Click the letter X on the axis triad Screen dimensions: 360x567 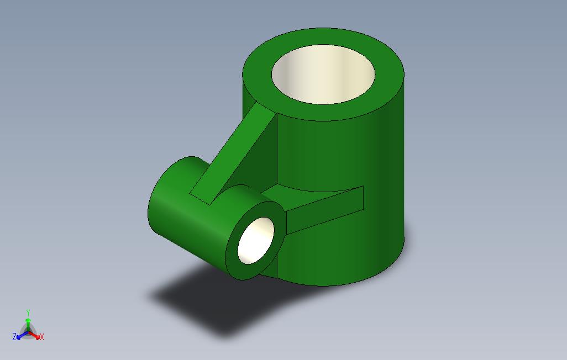(42, 336)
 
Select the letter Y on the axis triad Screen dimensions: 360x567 (28, 313)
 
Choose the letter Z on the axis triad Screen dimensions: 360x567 (14, 336)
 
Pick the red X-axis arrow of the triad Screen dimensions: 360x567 (36, 335)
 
